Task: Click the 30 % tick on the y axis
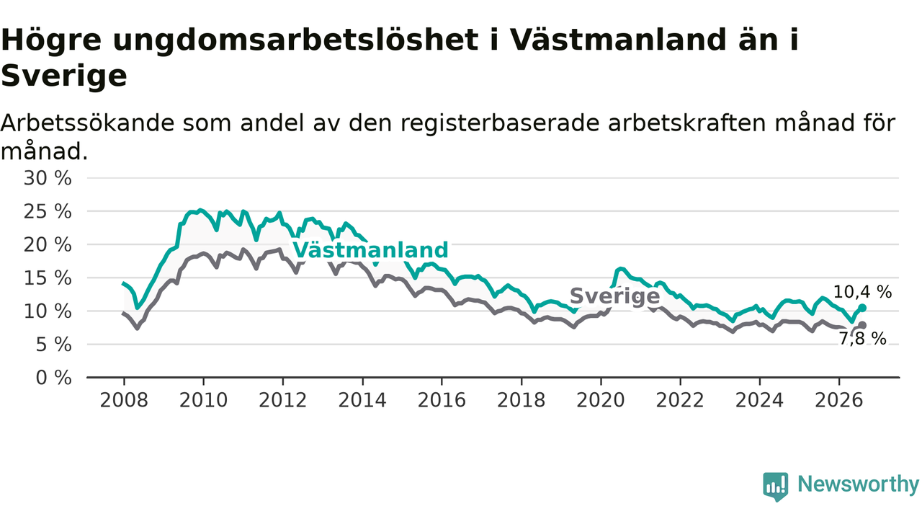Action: point(48,178)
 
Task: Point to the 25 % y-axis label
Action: point(48,212)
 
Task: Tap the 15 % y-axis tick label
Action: point(48,278)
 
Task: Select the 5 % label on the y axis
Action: point(53,345)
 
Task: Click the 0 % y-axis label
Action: point(53,378)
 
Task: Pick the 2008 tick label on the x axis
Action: point(124,400)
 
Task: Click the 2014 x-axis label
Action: point(362,400)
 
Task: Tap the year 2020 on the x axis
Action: point(601,400)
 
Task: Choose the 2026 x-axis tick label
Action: point(839,400)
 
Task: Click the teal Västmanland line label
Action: point(370,250)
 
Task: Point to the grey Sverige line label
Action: point(615,296)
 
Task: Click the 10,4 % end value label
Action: point(862,292)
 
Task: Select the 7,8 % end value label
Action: point(862,339)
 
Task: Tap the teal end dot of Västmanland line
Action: point(862,308)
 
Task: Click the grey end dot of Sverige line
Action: point(862,325)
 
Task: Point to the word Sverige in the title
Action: point(64,76)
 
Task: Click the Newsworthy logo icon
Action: point(776,487)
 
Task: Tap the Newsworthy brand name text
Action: point(858,484)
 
